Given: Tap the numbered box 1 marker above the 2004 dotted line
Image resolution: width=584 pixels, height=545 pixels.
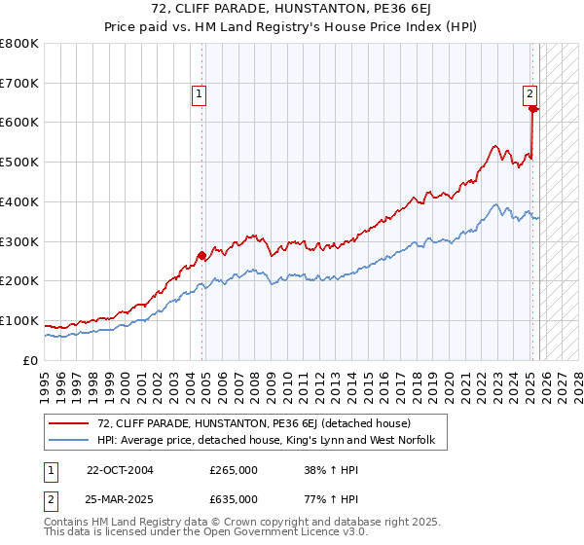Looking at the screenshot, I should [x=199, y=94].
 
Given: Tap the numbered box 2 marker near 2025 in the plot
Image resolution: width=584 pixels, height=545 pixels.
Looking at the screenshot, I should [x=529, y=94].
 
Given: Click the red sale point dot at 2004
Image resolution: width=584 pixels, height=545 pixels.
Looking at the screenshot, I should [x=201, y=256].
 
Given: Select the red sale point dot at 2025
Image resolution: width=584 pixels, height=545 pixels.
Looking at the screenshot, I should [x=533, y=109].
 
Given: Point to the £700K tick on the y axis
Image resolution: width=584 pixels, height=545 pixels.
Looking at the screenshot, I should [x=19, y=84].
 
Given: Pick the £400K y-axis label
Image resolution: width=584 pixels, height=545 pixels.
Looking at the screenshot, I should [x=19, y=202].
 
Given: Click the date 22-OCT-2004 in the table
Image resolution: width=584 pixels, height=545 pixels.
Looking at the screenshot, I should [x=120, y=469].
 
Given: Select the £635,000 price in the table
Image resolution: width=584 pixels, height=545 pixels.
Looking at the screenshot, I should [x=234, y=498].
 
